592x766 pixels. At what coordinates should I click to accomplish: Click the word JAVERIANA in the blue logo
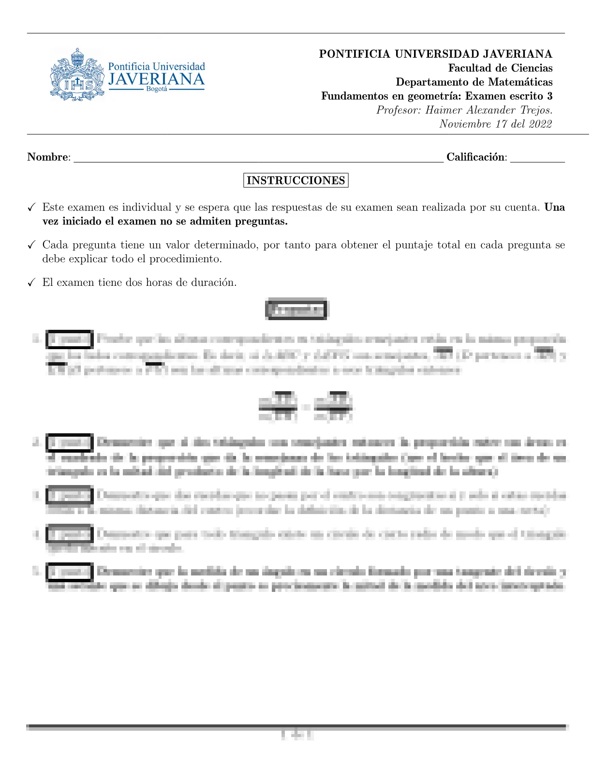click(156, 79)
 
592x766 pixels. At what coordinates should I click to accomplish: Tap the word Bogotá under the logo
click(156, 89)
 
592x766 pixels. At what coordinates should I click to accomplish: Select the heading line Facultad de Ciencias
click(500, 68)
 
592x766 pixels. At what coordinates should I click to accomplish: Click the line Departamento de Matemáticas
click(474, 82)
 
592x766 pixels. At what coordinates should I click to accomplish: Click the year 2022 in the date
click(540, 124)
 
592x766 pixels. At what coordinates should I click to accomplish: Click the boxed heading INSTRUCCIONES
click(296, 181)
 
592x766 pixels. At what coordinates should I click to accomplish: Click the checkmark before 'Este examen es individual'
click(31, 208)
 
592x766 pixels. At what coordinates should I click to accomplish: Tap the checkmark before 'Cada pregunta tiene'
click(31, 245)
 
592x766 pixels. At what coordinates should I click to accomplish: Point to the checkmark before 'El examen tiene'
click(31, 283)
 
